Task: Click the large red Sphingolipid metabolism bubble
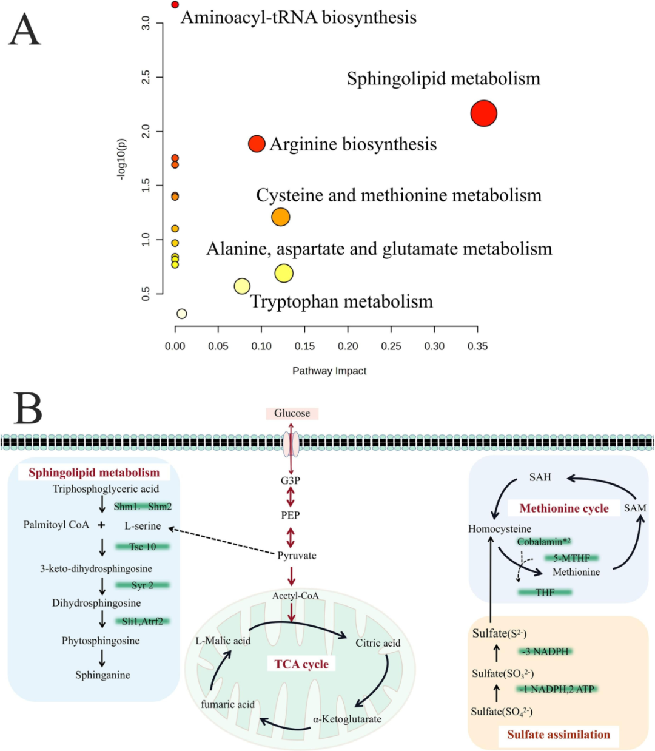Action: coord(483,113)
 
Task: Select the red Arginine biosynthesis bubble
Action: coord(257,144)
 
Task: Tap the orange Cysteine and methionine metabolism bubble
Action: coord(280,217)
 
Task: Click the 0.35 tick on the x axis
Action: coord(477,346)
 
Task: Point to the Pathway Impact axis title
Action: coord(329,371)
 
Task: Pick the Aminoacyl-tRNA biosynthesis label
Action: coord(298,18)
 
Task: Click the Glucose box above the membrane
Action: coord(292,413)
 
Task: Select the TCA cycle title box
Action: coord(301,664)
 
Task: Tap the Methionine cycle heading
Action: coord(564,508)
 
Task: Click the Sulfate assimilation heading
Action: coord(559,735)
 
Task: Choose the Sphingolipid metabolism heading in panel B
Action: coord(94,473)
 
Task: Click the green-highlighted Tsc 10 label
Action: coord(143,547)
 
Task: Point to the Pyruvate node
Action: coord(297,556)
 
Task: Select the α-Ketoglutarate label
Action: coord(347,719)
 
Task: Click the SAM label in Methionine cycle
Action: coord(635,508)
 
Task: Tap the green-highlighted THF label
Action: coord(545,592)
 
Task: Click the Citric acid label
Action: coord(378,643)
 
